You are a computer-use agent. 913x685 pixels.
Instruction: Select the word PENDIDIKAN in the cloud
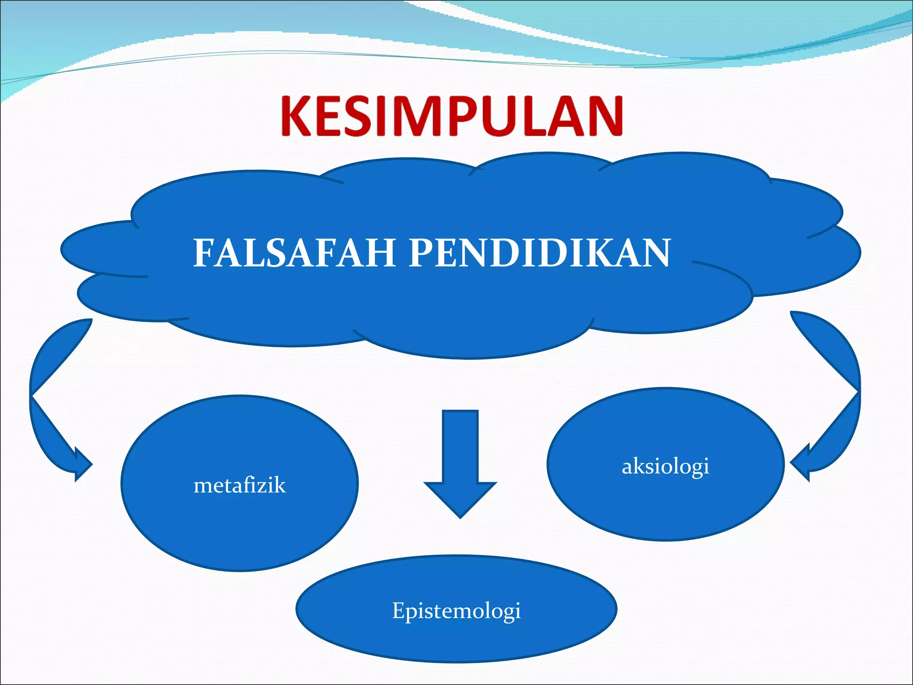click(539, 253)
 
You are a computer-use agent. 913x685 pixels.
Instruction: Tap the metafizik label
click(239, 485)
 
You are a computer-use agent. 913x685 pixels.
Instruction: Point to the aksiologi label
click(665, 467)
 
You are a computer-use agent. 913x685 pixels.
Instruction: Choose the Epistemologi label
click(456, 611)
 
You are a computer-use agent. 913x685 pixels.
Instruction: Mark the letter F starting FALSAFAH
click(203, 253)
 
